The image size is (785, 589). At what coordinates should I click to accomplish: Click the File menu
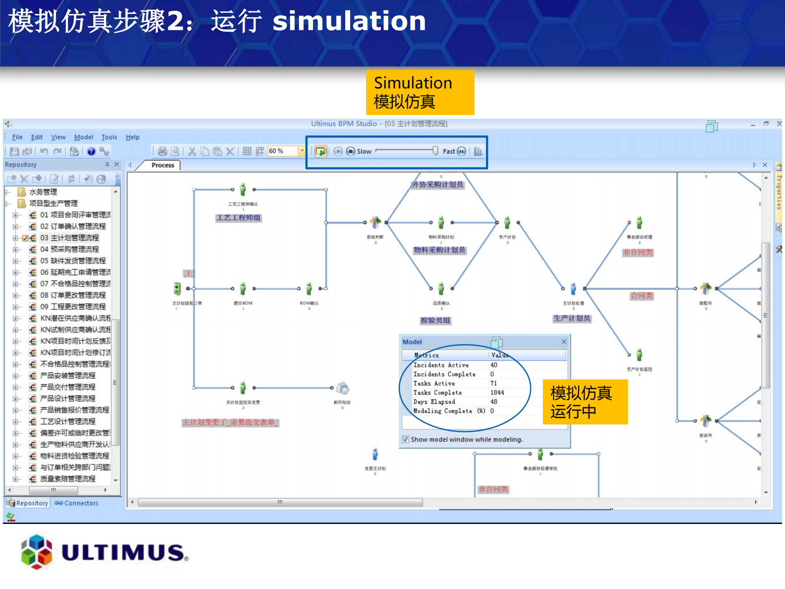[17, 137]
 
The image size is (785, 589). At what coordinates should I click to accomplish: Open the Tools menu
[109, 137]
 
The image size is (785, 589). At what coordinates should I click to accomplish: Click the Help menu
[133, 137]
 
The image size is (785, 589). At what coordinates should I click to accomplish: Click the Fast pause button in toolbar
[461, 151]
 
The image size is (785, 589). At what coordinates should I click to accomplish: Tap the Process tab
[163, 165]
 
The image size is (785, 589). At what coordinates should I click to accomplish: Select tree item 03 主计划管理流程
[70, 238]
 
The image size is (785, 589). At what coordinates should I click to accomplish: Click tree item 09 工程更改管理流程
[73, 307]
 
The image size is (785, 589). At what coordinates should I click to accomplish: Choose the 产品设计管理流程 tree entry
[68, 398]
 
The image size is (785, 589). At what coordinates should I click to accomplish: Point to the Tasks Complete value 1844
[497, 393]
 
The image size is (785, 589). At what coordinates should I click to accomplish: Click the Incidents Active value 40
[494, 365]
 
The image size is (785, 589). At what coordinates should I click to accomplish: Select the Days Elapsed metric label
[434, 402]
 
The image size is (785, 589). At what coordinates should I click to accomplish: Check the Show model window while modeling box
[405, 439]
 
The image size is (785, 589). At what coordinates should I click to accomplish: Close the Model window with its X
[564, 341]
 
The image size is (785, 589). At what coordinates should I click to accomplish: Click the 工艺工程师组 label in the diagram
[238, 218]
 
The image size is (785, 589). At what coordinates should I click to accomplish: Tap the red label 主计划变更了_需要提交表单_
[230, 422]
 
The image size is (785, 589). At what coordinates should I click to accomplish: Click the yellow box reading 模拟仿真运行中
[585, 402]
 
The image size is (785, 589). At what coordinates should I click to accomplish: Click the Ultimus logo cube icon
[36, 552]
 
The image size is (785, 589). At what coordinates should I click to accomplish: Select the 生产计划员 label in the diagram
[572, 318]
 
